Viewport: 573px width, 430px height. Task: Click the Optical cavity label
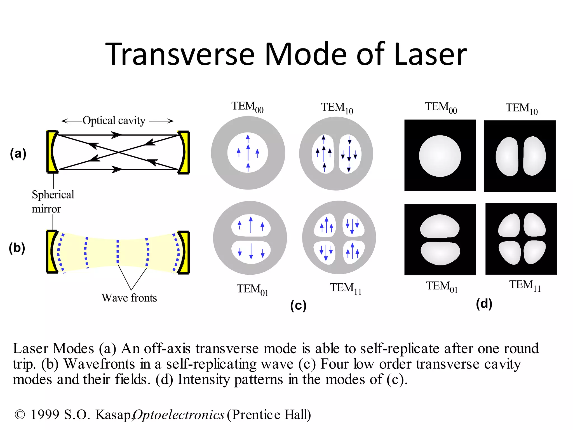[114, 121]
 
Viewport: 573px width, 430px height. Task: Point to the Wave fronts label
[129, 298]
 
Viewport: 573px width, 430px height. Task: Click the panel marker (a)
[18, 153]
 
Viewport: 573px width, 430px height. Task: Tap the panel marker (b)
[17, 248]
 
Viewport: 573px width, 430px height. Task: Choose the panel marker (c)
[298, 305]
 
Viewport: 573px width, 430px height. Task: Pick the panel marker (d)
[484, 304]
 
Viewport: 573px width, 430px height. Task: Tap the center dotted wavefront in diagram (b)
[118, 251]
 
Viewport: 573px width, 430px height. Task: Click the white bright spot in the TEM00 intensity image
[440, 156]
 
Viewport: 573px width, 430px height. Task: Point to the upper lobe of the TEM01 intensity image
[440, 226]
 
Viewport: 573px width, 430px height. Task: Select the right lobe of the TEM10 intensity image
[534, 156]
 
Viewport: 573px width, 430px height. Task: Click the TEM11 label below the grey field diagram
[346, 288]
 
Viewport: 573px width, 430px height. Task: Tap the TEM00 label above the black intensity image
[441, 107]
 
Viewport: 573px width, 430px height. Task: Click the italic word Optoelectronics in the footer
[179, 415]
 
